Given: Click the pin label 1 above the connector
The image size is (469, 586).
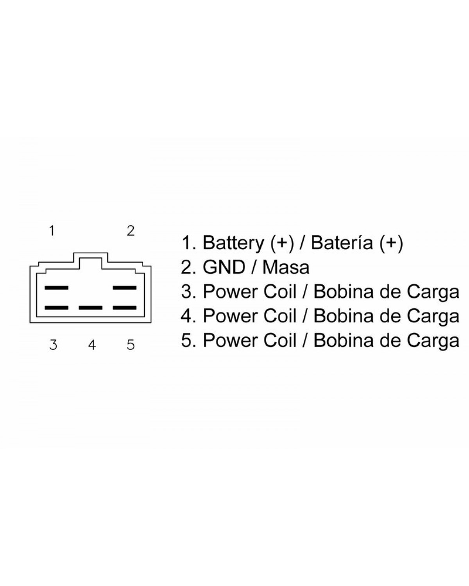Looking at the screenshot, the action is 52,230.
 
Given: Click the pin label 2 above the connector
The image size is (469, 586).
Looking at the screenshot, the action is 131,230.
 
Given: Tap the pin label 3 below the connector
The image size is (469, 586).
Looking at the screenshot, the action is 54,345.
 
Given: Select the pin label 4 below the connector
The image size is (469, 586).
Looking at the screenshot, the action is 92,345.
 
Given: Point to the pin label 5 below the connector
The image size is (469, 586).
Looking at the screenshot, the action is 131,345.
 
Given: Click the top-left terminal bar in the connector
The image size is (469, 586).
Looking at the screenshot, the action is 56,288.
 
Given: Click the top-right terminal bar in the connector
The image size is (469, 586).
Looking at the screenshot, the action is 125,288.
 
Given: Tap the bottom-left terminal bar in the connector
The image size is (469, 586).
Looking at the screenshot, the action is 56,308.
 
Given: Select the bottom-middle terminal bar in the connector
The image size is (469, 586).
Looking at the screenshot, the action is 90,308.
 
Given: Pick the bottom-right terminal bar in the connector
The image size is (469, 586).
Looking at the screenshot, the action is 125,308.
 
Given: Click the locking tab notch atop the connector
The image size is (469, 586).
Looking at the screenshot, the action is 90,255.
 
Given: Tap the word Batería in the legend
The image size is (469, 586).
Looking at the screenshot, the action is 342,242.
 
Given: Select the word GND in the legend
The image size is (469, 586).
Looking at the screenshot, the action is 224,267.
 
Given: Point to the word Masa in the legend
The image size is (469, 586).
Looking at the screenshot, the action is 286,267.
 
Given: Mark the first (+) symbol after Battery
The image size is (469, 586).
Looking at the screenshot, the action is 283,243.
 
